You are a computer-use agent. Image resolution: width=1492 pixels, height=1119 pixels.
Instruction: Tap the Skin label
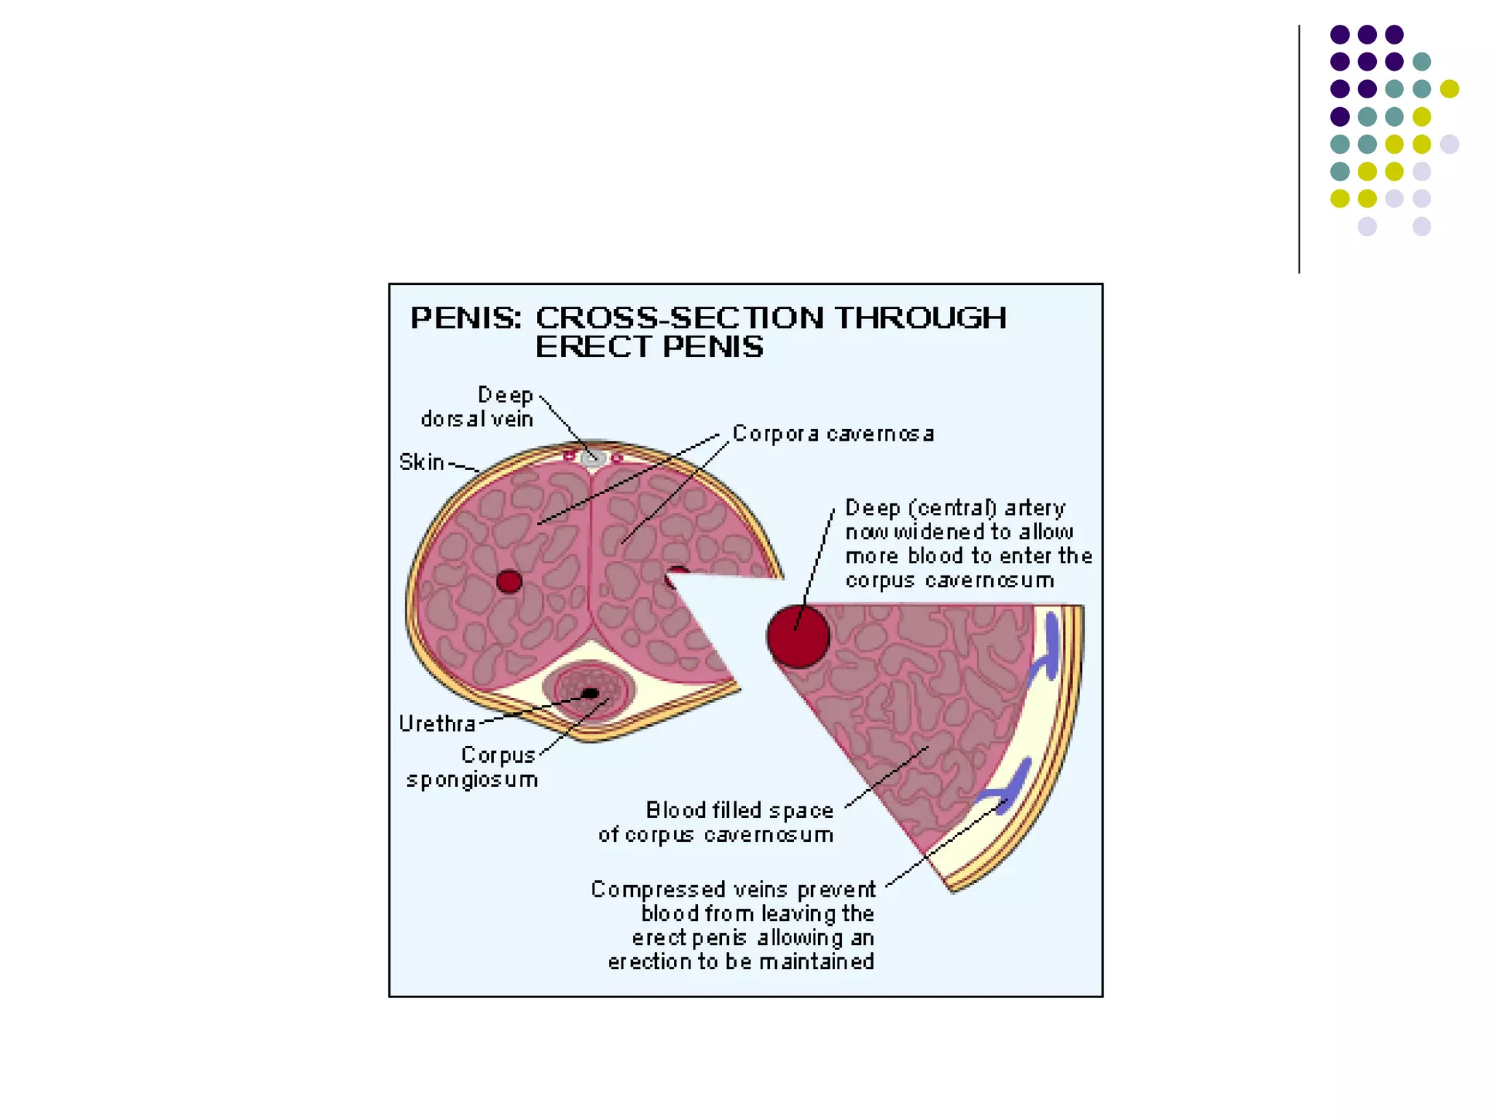422,463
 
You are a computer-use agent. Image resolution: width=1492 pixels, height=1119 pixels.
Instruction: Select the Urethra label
437,723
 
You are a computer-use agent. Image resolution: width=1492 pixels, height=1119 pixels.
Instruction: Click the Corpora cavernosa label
833,434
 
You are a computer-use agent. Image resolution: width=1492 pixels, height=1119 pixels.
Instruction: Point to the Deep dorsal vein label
478,407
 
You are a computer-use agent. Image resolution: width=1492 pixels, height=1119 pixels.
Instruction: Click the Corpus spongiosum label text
473,767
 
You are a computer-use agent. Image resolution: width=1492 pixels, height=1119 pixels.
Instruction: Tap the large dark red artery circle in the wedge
798,636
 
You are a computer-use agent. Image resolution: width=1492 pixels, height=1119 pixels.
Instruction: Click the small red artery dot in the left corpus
509,581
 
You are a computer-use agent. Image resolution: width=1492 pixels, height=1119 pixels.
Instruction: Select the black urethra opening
590,693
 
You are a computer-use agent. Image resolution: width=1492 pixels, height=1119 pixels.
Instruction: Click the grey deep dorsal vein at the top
592,458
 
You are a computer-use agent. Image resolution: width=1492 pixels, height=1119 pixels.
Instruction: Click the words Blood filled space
739,810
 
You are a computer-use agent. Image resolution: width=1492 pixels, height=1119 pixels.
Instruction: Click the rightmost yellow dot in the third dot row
1449,89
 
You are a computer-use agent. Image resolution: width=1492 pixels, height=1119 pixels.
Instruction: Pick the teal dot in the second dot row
1421,62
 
